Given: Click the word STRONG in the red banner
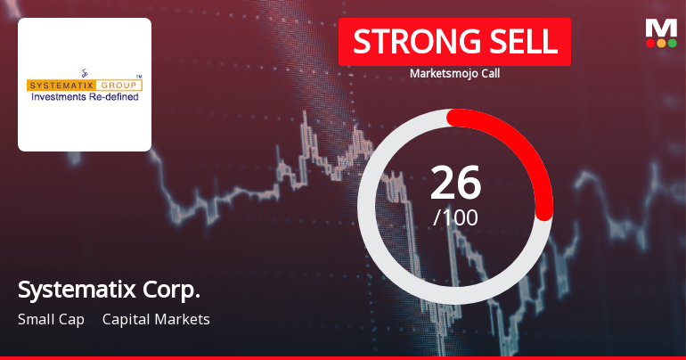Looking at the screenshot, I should pos(405,42).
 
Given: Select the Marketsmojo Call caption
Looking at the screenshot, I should pos(454,74).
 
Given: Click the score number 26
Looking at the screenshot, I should pos(455,183).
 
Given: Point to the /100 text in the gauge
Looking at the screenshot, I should pos(455,217).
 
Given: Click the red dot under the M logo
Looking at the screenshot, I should pos(650,42).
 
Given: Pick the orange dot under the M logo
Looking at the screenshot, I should pos(661,42).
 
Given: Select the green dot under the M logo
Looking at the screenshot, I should pos(672,42).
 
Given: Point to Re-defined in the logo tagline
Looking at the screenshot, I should pos(118,96).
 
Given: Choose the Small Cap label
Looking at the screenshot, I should pos(51,319).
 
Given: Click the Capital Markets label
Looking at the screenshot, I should pos(156,319).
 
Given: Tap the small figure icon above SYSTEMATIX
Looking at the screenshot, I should pos(84,72).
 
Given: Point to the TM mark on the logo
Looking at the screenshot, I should pos(138,77).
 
